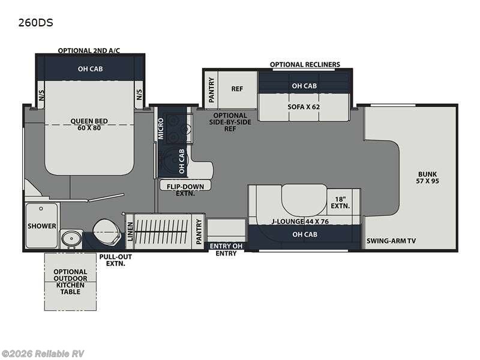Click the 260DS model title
click(35, 23)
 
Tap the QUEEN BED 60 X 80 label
click(89, 124)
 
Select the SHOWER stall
click(41, 226)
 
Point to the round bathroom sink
click(71, 238)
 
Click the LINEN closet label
click(130, 232)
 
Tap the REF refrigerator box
click(237, 89)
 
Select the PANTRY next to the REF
click(211, 89)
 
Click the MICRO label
click(161, 128)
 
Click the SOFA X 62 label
click(304, 107)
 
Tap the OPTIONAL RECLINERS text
click(305, 65)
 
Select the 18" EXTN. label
click(340, 203)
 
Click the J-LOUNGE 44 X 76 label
click(300, 221)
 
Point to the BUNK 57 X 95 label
click(427, 178)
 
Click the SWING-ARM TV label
click(391, 241)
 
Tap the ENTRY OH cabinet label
click(226, 246)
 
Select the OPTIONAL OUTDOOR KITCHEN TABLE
click(70, 281)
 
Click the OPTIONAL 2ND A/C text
click(89, 50)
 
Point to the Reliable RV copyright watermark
click(42, 354)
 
